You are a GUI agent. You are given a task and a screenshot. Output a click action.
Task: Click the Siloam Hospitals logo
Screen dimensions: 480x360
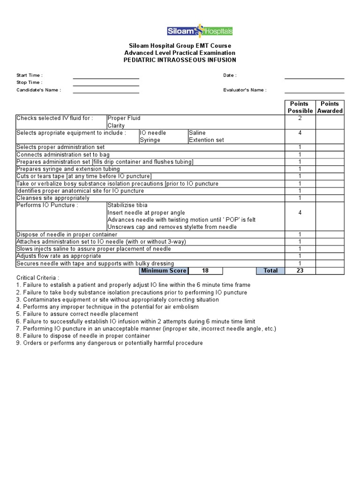coord(200,31)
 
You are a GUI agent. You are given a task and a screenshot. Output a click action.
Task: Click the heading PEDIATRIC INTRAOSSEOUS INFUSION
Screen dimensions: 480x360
coord(180,60)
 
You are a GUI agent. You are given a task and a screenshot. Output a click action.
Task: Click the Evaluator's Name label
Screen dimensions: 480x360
coord(245,90)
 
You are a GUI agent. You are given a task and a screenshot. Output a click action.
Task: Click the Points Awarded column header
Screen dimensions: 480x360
coord(330,107)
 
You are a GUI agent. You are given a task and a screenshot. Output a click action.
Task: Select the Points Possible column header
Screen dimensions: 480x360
coord(300,107)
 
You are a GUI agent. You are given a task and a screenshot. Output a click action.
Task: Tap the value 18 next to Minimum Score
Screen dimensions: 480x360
coord(205,271)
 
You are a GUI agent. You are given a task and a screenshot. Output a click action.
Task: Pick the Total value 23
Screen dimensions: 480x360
coord(300,271)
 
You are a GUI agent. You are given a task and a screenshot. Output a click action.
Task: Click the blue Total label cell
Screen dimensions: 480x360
coord(270,271)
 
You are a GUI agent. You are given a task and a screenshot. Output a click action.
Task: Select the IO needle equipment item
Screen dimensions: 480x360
coord(153,133)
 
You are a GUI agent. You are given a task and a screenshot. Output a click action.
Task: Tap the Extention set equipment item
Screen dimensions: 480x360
coord(206,140)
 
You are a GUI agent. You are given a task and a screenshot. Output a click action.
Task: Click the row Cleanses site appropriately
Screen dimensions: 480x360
coord(53,198)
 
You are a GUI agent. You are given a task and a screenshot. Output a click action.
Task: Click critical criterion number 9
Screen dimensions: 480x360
coord(110,343)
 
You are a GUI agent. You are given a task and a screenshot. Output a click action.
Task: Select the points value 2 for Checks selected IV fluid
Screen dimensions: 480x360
coord(300,119)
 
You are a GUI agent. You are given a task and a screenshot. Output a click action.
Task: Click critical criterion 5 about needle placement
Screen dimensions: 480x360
coord(77,314)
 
